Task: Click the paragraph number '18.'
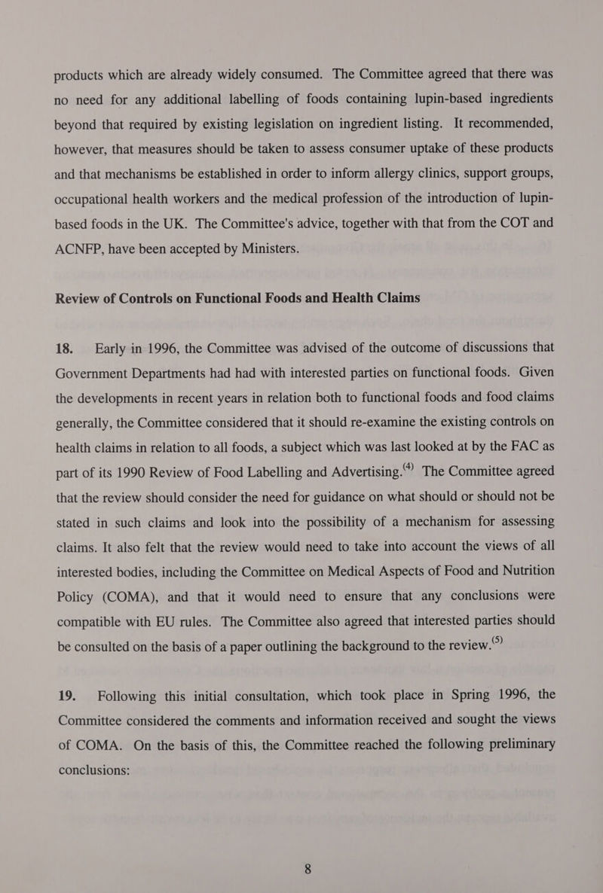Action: [x=66, y=348]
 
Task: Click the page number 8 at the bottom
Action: [x=308, y=869]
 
